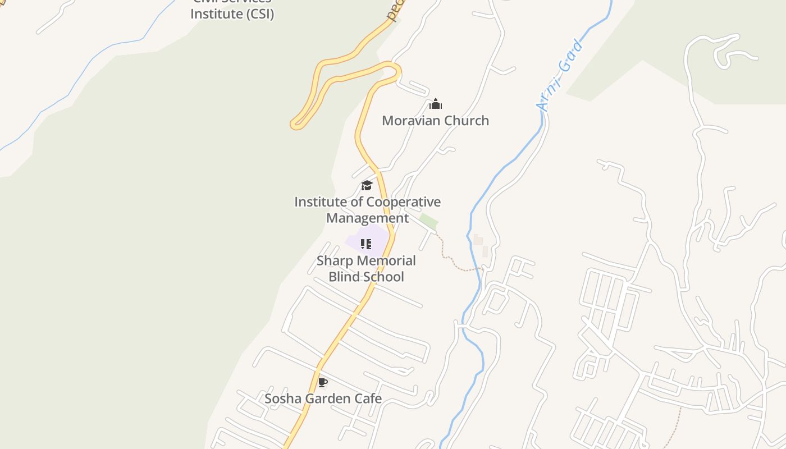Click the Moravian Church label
[435, 121]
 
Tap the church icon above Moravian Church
[436, 104]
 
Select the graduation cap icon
[367, 185]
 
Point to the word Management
[367, 218]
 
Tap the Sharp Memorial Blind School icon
[366, 244]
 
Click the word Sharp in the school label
[335, 260]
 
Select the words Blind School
[366, 277]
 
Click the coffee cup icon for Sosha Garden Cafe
[322, 383]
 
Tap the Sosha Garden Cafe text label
[323, 398]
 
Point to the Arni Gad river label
[560, 76]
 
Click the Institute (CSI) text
[232, 14]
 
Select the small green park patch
[428, 221]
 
